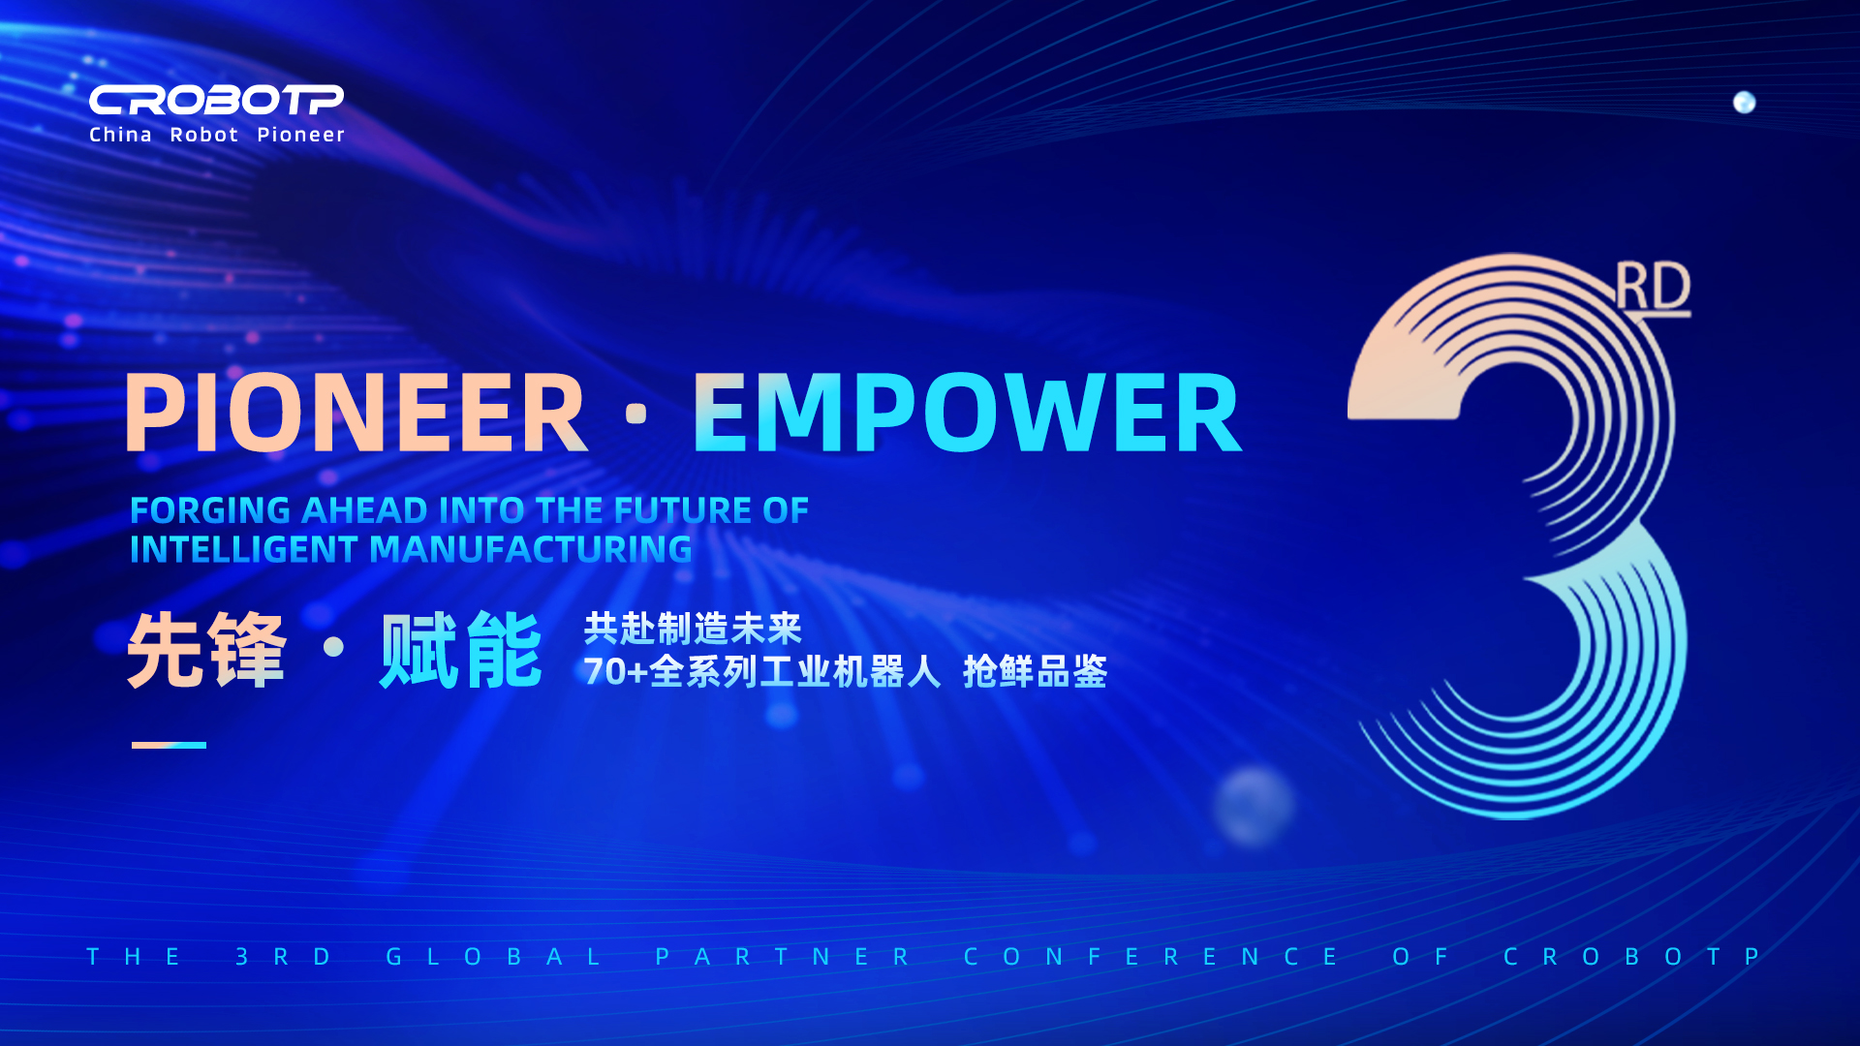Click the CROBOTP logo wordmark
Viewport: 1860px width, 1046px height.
216,100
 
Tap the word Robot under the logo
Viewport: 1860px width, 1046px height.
204,135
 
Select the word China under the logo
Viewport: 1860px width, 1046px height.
120,135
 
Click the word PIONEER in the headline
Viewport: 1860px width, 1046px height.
356,414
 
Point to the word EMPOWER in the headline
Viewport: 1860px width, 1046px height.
967,414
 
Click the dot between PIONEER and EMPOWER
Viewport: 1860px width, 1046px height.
636,414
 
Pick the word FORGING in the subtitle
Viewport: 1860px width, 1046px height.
210,510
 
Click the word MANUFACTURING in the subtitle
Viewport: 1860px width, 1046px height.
531,550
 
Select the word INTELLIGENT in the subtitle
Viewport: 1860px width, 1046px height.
244,550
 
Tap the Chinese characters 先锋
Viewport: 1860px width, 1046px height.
206,650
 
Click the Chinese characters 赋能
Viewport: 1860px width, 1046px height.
460,650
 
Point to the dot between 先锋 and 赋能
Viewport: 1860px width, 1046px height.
333,646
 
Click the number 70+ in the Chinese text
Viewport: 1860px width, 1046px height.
615,671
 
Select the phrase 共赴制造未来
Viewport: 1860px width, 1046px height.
693,629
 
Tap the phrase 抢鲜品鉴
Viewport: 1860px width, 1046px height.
1035,671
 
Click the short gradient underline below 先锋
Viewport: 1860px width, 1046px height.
169,745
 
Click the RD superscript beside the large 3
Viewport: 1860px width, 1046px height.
1653,289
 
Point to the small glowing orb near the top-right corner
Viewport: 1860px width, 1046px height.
1744,103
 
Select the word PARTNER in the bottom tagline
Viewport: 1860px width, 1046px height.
783,957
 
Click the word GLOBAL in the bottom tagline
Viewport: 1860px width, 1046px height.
494,957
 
